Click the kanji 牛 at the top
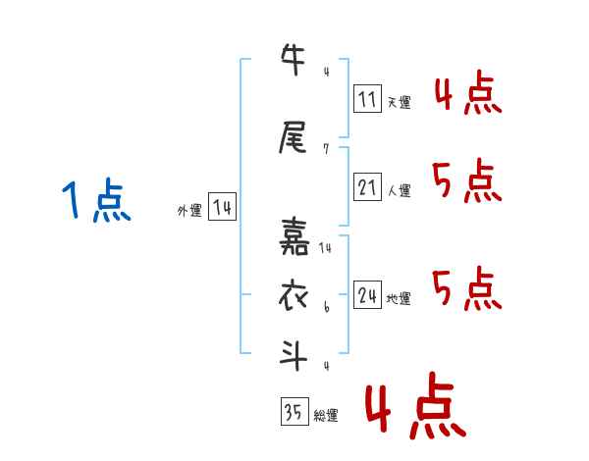point(293,59)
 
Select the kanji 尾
point(293,137)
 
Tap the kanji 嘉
point(294,236)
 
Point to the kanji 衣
point(293,296)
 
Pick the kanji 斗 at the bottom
point(294,355)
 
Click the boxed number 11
point(367,98)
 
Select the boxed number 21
point(367,186)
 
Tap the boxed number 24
point(367,294)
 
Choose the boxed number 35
point(294,411)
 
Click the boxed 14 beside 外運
point(222,207)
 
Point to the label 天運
point(400,102)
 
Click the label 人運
point(400,190)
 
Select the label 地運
point(399,298)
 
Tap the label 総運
point(326,415)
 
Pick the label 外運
point(189,211)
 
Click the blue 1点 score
point(97,200)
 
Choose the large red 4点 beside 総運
point(415,405)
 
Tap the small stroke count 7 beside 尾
point(326,149)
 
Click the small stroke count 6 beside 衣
point(327,307)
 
